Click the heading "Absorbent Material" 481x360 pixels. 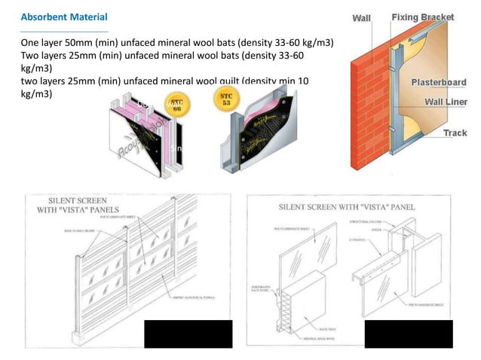[64, 17]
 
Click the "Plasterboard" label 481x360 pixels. [438, 82]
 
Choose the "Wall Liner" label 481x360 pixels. [446, 101]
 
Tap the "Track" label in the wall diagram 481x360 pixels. [455, 133]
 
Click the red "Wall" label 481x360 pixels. [362, 18]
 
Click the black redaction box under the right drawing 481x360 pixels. [409, 334]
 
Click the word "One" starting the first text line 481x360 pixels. [31, 43]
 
